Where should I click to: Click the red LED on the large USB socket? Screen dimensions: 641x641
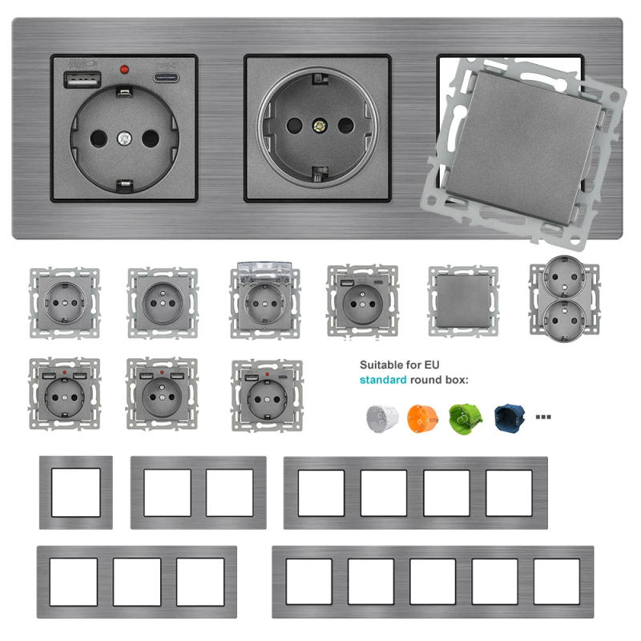(x=124, y=71)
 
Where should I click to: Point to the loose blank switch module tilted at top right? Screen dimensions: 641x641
(x=528, y=145)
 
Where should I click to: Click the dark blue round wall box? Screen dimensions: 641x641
(x=508, y=418)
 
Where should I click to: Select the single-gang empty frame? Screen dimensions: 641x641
(x=76, y=492)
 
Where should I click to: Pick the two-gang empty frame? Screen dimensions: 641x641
(x=198, y=492)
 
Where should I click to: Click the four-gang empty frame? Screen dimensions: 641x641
(x=415, y=492)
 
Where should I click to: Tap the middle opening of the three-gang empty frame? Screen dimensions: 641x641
(x=137, y=581)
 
